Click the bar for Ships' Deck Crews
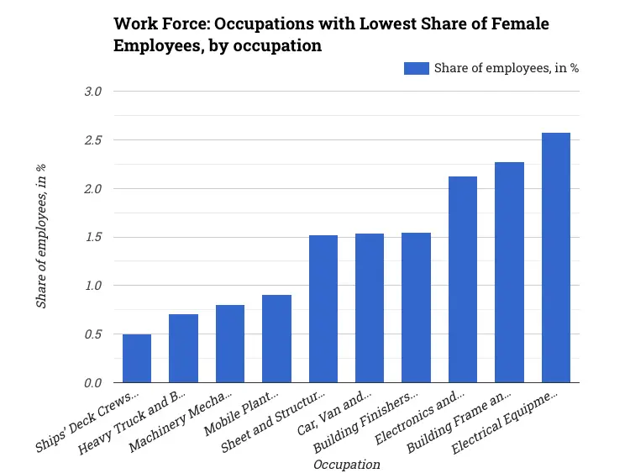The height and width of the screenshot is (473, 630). [137, 359]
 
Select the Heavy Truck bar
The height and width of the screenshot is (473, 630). [183, 349]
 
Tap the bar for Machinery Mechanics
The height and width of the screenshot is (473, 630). [230, 344]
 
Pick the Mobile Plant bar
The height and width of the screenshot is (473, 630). [276, 339]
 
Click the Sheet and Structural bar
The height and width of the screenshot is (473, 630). [323, 309]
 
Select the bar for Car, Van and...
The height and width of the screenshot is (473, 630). [370, 308]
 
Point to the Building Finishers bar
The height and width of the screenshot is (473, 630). [416, 307]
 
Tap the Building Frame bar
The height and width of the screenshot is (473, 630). [509, 272]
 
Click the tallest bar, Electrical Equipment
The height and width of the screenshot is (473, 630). [556, 258]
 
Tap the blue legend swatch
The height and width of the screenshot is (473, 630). [416, 68]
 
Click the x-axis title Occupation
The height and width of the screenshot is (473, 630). [346, 464]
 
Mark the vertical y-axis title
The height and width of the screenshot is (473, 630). [41, 237]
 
